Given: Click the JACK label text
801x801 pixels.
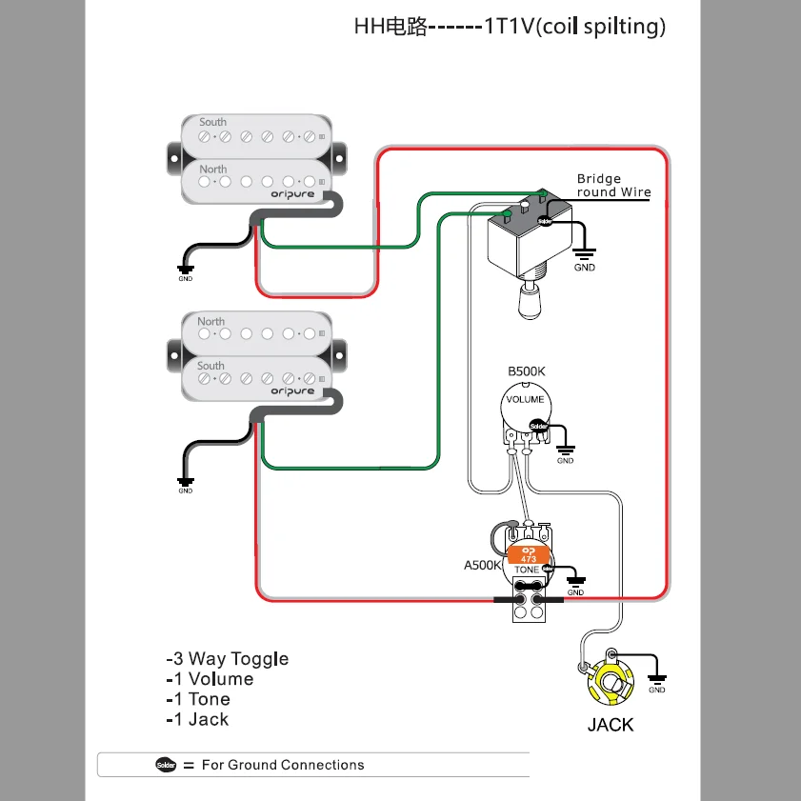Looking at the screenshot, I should [x=610, y=725].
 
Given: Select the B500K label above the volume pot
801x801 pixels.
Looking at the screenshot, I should [x=527, y=370].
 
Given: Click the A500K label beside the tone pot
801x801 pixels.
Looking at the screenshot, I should [x=482, y=565].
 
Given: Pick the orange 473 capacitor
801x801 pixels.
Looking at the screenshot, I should [x=529, y=554].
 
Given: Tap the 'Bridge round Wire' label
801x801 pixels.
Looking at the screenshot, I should [x=613, y=185].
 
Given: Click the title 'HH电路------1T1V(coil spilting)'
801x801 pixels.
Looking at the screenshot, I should [x=510, y=26].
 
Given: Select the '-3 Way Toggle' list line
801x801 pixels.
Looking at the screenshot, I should [x=227, y=658].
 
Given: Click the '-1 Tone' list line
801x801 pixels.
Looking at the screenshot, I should [x=198, y=699].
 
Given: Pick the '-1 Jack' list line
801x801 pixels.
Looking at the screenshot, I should [x=197, y=719].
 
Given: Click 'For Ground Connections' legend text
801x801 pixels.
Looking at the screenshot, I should [x=283, y=765].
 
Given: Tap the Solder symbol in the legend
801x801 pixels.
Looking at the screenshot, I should [x=166, y=765].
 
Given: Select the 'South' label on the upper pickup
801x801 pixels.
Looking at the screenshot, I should [x=212, y=122].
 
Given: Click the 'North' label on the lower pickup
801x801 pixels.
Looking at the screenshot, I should [x=210, y=321].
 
